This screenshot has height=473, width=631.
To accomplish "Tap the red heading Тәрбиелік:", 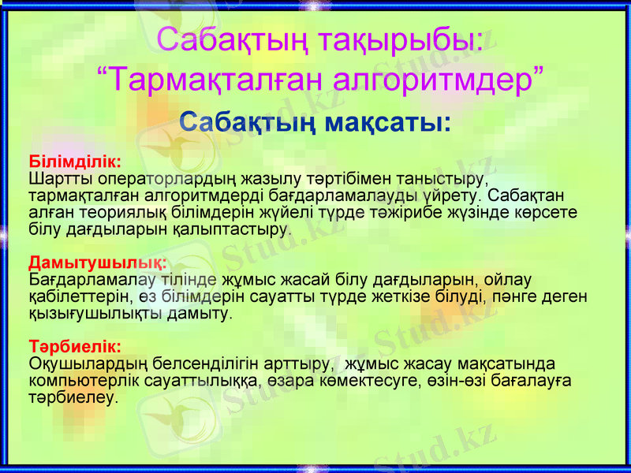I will (x=74, y=346).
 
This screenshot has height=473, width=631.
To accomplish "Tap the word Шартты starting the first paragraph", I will (x=56, y=178).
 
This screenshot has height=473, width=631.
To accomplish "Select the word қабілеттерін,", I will (x=80, y=296).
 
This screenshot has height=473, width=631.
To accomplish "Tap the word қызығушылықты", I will (x=95, y=313).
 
